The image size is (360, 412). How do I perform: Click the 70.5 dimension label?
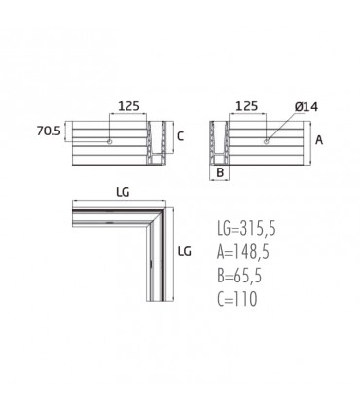tap(49, 131)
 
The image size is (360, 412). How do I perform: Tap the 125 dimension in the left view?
tap(128, 106)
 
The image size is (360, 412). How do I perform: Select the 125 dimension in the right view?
tap(247, 106)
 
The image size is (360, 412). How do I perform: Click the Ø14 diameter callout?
tap(306, 106)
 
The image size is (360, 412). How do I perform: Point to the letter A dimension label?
tap(319, 140)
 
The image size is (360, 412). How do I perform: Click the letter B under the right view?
tap(220, 172)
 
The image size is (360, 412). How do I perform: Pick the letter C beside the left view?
tap(181, 136)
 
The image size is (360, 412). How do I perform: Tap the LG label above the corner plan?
tap(123, 192)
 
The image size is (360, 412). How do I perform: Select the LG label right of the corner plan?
tap(185, 251)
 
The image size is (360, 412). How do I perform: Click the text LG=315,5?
tap(246, 228)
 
